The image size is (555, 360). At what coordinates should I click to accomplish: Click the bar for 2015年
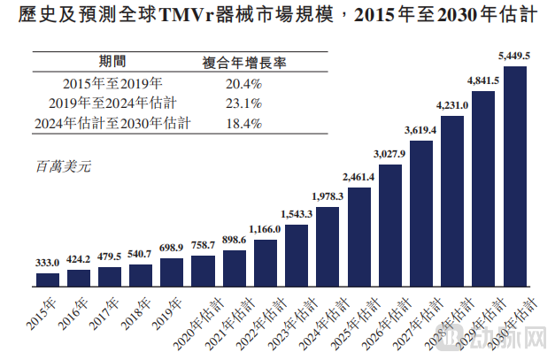click(48, 280)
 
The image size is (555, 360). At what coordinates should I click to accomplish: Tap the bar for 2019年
click(172, 272)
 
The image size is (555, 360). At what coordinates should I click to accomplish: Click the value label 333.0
click(48, 263)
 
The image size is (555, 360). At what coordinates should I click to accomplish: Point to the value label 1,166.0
click(266, 229)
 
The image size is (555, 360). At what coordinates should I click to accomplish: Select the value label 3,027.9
click(389, 154)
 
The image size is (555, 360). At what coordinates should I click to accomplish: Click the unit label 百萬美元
click(64, 165)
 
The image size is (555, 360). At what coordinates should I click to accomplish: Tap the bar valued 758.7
click(203, 271)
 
